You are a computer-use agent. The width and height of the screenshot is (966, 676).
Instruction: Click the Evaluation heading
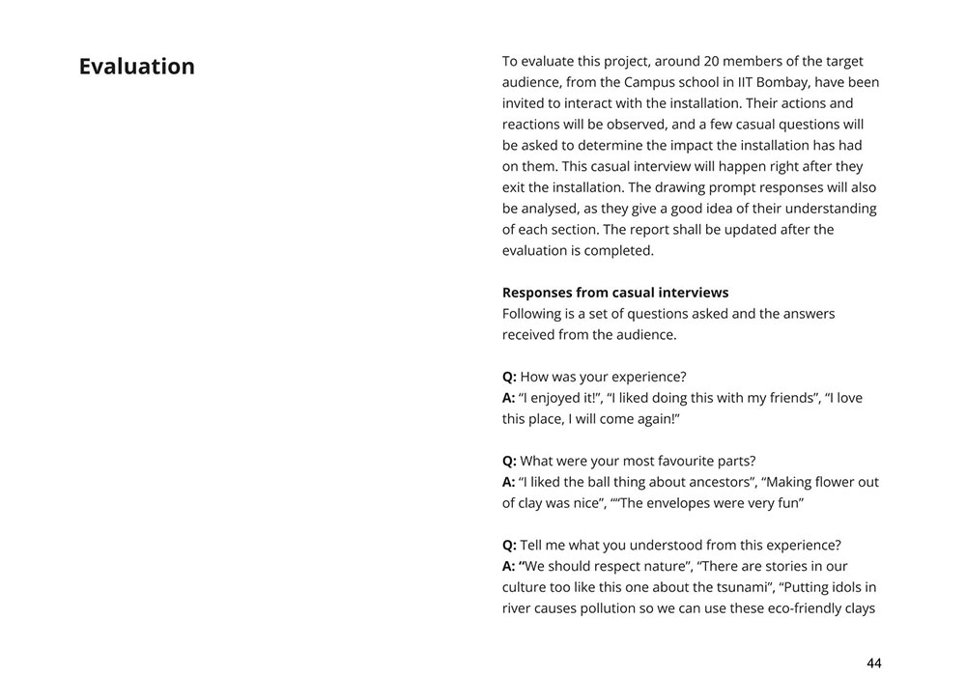tap(136, 67)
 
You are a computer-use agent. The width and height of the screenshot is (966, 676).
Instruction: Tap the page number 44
tap(873, 662)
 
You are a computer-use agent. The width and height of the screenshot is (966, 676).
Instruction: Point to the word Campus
tap(624, 82)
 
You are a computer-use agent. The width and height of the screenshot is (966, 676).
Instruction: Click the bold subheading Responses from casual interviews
tap(615, 293)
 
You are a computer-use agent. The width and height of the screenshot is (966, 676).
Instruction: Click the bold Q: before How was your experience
tap(509, 377)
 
